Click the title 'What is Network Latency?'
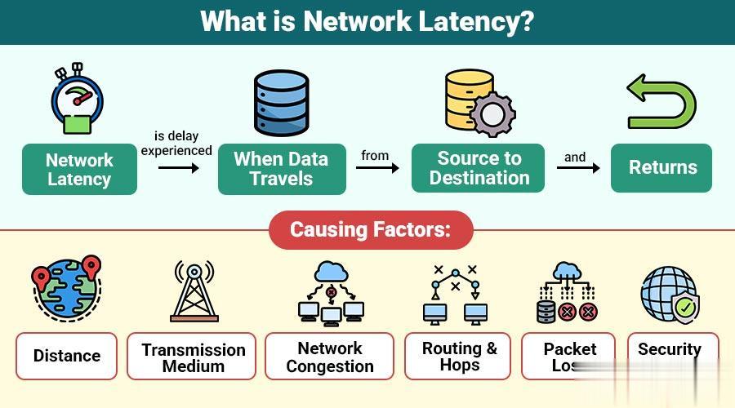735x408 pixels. point(367,21)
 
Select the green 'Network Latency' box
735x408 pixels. point(79,170)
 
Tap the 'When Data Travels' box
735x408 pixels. point(281,169)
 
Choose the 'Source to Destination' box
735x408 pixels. point(479,168)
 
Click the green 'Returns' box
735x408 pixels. point(662,168)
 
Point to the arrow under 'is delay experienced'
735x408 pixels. point(178,168)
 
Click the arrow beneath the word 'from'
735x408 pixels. point(377,168)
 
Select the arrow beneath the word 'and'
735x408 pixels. point(577,168)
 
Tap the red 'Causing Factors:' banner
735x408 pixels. point(370,229)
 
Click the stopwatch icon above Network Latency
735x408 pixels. point(77,97)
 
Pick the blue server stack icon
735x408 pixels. point(280,102)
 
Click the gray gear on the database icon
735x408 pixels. point(492,114)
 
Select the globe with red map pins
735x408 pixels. point(67,290)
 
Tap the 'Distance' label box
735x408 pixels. point(67,356)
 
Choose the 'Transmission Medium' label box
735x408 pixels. point(193,357)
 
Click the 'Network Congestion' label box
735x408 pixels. point(330,357)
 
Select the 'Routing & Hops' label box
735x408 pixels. point(458,356)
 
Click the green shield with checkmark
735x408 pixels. point(684,308)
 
